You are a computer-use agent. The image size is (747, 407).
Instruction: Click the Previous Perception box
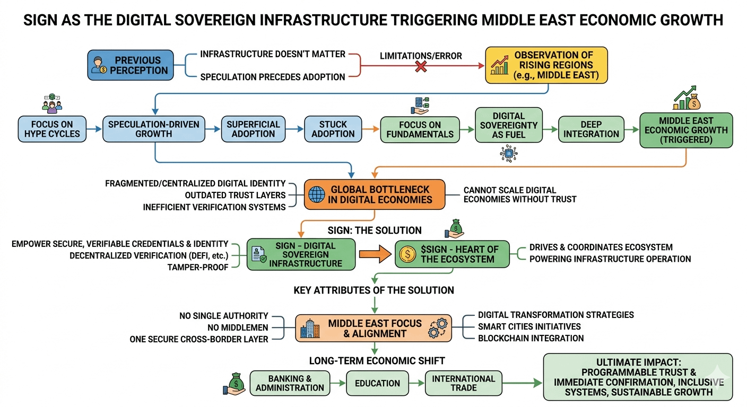pyautogui.click(x=131, y=65)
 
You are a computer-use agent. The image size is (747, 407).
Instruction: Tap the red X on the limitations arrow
pyautogui.click(x=421, y=66)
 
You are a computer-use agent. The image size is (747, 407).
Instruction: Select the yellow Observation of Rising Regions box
pyautogui.click(x=546, y=65)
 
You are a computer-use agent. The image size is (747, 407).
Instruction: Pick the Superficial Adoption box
pyautogui.click(x=253, y=129)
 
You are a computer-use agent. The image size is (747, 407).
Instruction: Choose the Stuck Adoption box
pyautogui.click(x=333, y=129)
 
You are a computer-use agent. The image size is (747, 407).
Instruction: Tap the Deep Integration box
pyautogui.click(x=591, y=129)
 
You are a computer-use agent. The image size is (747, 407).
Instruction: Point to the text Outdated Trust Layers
pyautogui.click(x=236, y=195)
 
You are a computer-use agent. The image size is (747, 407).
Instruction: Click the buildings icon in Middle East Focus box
pyautogui.click(x=310, y=329)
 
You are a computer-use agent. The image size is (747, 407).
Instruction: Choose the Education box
pyautogui.click(x=378, y=383)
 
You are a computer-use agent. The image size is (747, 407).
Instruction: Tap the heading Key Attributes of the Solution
pyautogui.click(x=373, y=290)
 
